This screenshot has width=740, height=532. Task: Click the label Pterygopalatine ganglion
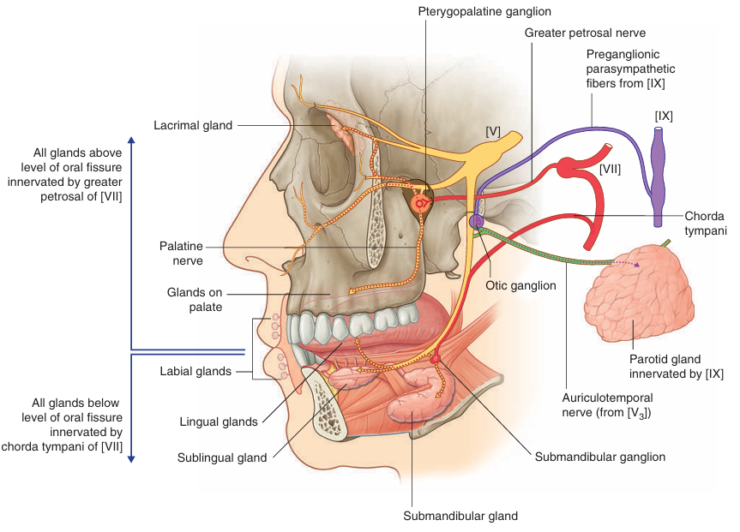484,11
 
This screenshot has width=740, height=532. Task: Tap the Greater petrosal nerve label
575,32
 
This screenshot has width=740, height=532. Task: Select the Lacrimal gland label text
193,125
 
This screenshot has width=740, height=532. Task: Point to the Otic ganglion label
520,286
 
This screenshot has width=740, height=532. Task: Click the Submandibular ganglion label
599,457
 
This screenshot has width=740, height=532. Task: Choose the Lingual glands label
219,421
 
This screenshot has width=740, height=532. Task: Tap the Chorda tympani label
706,223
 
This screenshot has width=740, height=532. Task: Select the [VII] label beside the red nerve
610,170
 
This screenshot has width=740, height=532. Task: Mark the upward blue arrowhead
130,140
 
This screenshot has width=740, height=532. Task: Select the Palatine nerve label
180,252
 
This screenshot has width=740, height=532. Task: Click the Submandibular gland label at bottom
460,516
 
